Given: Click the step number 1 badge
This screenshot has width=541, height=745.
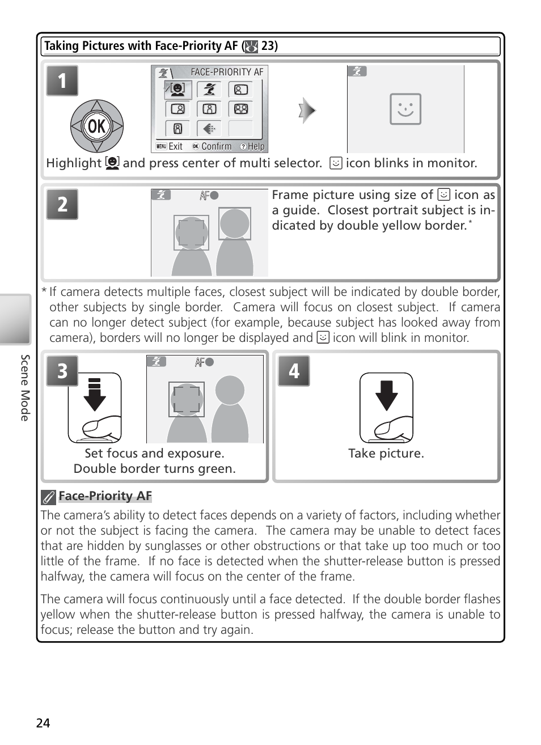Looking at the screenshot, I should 62,81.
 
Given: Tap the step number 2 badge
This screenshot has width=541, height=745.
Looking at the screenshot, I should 62,204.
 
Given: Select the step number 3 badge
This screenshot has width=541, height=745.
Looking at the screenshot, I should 62,371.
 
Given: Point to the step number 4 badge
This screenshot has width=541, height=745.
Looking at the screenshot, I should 293,371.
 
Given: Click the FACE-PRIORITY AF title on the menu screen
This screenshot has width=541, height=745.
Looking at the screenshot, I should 227,72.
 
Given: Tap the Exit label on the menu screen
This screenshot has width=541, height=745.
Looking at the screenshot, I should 175,146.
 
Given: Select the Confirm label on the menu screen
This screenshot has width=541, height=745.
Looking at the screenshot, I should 216,146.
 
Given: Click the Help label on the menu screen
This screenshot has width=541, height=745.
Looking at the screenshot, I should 256,146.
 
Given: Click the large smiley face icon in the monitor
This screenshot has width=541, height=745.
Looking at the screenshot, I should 405,109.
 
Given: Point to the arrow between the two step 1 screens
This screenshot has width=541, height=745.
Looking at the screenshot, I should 307,110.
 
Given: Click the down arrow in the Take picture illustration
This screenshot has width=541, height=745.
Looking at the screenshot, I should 387,395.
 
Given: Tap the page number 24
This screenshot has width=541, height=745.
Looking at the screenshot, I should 43,723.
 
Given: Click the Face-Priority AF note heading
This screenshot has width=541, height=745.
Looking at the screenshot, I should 105,496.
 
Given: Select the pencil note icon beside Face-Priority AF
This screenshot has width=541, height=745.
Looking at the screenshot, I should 48,497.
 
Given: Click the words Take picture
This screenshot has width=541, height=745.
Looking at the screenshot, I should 386,454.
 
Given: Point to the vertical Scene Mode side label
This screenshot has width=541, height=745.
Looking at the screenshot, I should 25,388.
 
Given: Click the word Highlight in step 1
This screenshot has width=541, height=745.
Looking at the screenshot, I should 73,163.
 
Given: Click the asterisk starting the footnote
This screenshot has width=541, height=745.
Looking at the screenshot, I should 44,291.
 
